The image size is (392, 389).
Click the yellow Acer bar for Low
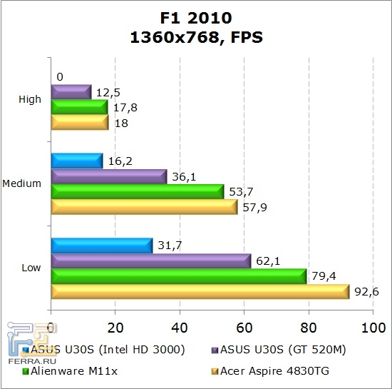coord(200,291)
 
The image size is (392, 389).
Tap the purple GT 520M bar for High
coord(71,92)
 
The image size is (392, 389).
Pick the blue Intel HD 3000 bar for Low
coord(101,246)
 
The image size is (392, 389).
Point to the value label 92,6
coord(366,291)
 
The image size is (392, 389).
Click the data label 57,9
coord(254,208)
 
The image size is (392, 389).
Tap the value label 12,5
coord(108,92)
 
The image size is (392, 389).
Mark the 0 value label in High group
coord(60,76)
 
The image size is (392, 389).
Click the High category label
coord(30,100)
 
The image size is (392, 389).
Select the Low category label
coord(31,268)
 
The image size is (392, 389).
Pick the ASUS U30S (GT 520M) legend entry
coord(274,350)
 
